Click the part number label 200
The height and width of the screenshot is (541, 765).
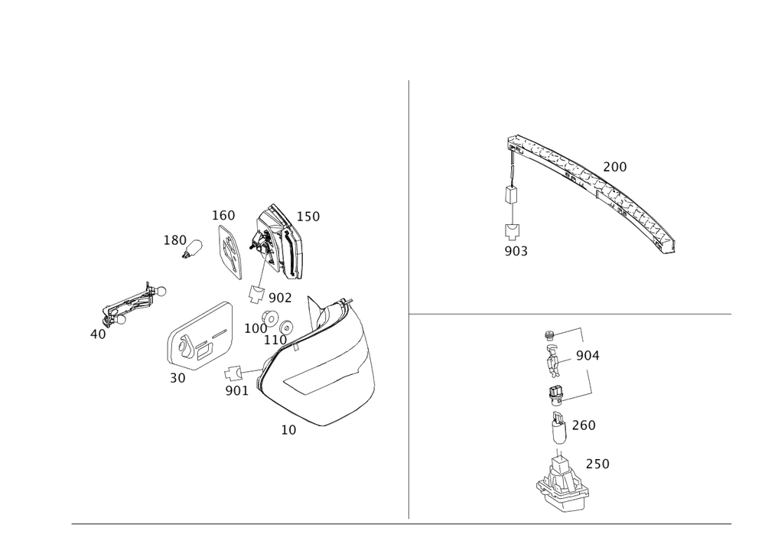(x=615, y=167)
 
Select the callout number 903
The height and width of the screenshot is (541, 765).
(x=516, y=251)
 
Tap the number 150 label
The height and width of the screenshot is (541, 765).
(x=308, y=217)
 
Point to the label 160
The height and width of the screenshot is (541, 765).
(x=223, y=216)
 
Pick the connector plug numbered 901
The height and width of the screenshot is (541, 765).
(x=233, y=373)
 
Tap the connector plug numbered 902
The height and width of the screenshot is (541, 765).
(x=256, y=294)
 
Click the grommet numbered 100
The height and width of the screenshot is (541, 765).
(x=270, y=318)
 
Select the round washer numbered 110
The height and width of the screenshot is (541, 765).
(x=286, y=326)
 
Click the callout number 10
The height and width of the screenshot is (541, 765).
(x=288, y=430)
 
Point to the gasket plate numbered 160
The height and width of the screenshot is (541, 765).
(x=229, y=252)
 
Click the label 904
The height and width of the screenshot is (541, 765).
(x=588, y=356)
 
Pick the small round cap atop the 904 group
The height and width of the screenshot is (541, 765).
(x=549, y=335)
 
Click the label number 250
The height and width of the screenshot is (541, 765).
(x=597, y=464)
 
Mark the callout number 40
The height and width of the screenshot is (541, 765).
(x=98, y=334)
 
